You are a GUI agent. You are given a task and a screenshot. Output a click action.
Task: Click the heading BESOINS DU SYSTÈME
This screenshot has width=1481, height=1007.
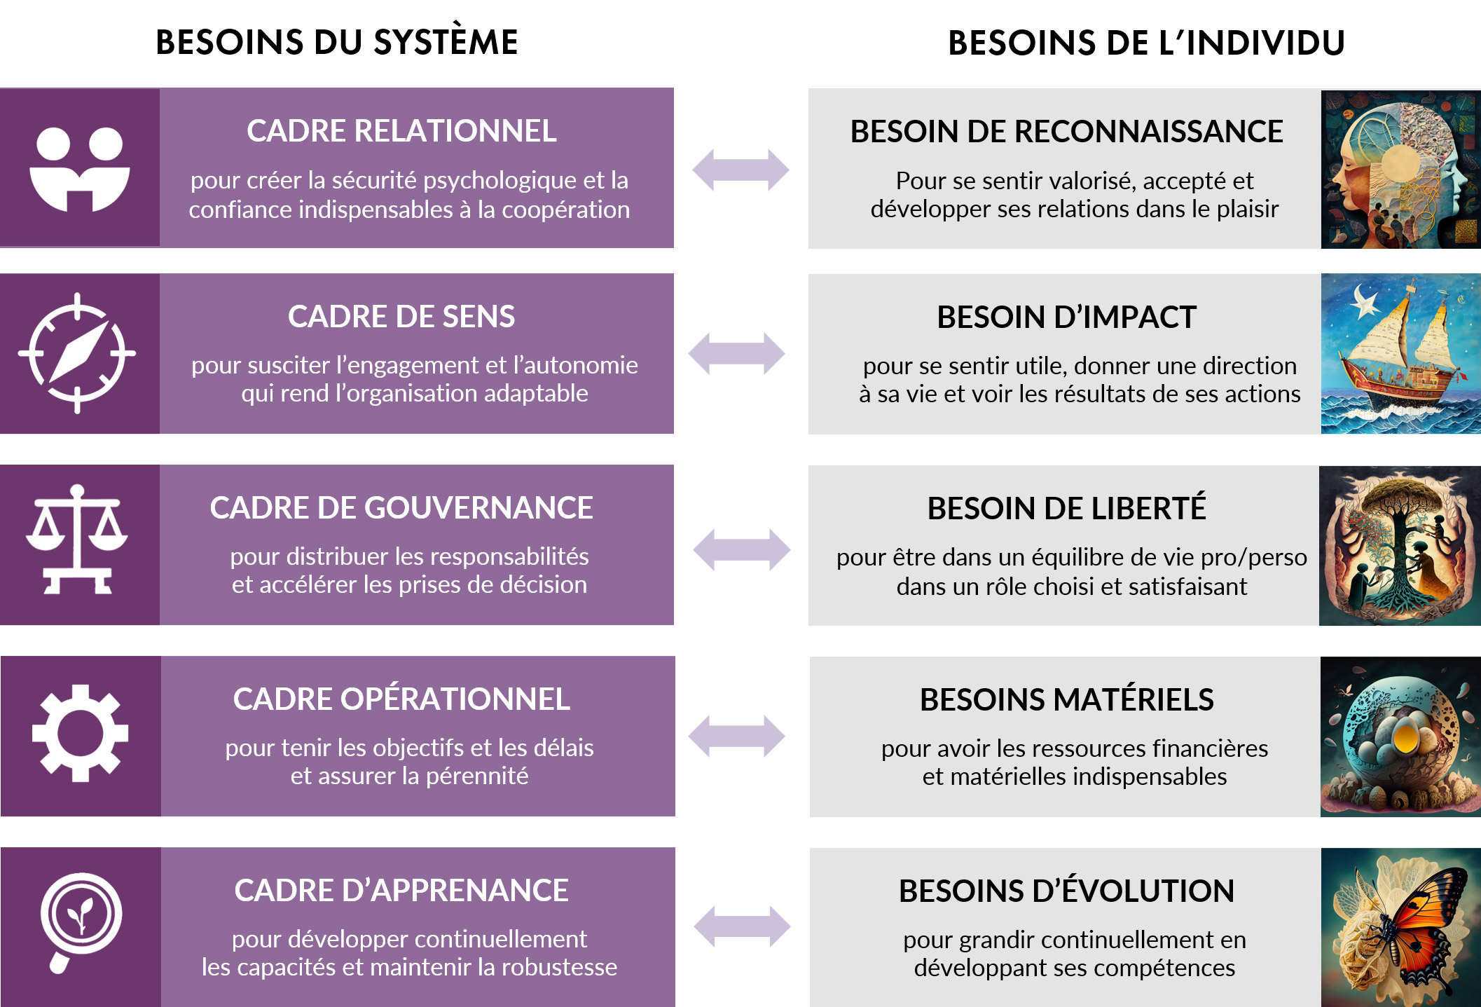[336, 42]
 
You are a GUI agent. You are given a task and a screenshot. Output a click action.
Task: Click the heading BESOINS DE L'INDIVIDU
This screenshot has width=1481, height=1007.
[1146, 43]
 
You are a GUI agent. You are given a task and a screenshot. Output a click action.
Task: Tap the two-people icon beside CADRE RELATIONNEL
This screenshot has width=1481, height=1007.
[80, 169]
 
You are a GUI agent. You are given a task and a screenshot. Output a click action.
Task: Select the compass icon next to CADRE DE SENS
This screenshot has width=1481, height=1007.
[77, 353]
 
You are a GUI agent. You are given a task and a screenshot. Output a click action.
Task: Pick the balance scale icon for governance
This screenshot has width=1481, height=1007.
[77, 540]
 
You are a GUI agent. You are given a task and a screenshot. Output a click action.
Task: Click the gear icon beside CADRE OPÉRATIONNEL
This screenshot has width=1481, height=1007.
[80, 733]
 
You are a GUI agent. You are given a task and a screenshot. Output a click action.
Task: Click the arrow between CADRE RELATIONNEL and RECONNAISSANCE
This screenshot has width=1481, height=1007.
[740, 170]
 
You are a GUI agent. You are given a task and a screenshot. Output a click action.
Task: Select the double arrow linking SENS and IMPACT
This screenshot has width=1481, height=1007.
[736, 354]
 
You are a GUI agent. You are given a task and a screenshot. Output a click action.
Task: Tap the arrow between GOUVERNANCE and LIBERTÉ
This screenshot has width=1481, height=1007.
[741, 549]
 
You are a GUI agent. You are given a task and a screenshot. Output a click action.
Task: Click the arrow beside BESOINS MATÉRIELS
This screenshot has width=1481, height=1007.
[736, 736]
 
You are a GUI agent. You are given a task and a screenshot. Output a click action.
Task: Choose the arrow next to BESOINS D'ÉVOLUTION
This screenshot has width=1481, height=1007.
[742, 926]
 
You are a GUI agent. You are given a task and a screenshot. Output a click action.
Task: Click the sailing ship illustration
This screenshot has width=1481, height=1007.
[1400, 354]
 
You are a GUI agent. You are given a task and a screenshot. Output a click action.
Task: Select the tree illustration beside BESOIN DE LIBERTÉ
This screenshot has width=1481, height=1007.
[1400, 546]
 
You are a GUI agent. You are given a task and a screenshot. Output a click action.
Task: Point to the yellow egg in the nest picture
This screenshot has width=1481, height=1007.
[1405, 737]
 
